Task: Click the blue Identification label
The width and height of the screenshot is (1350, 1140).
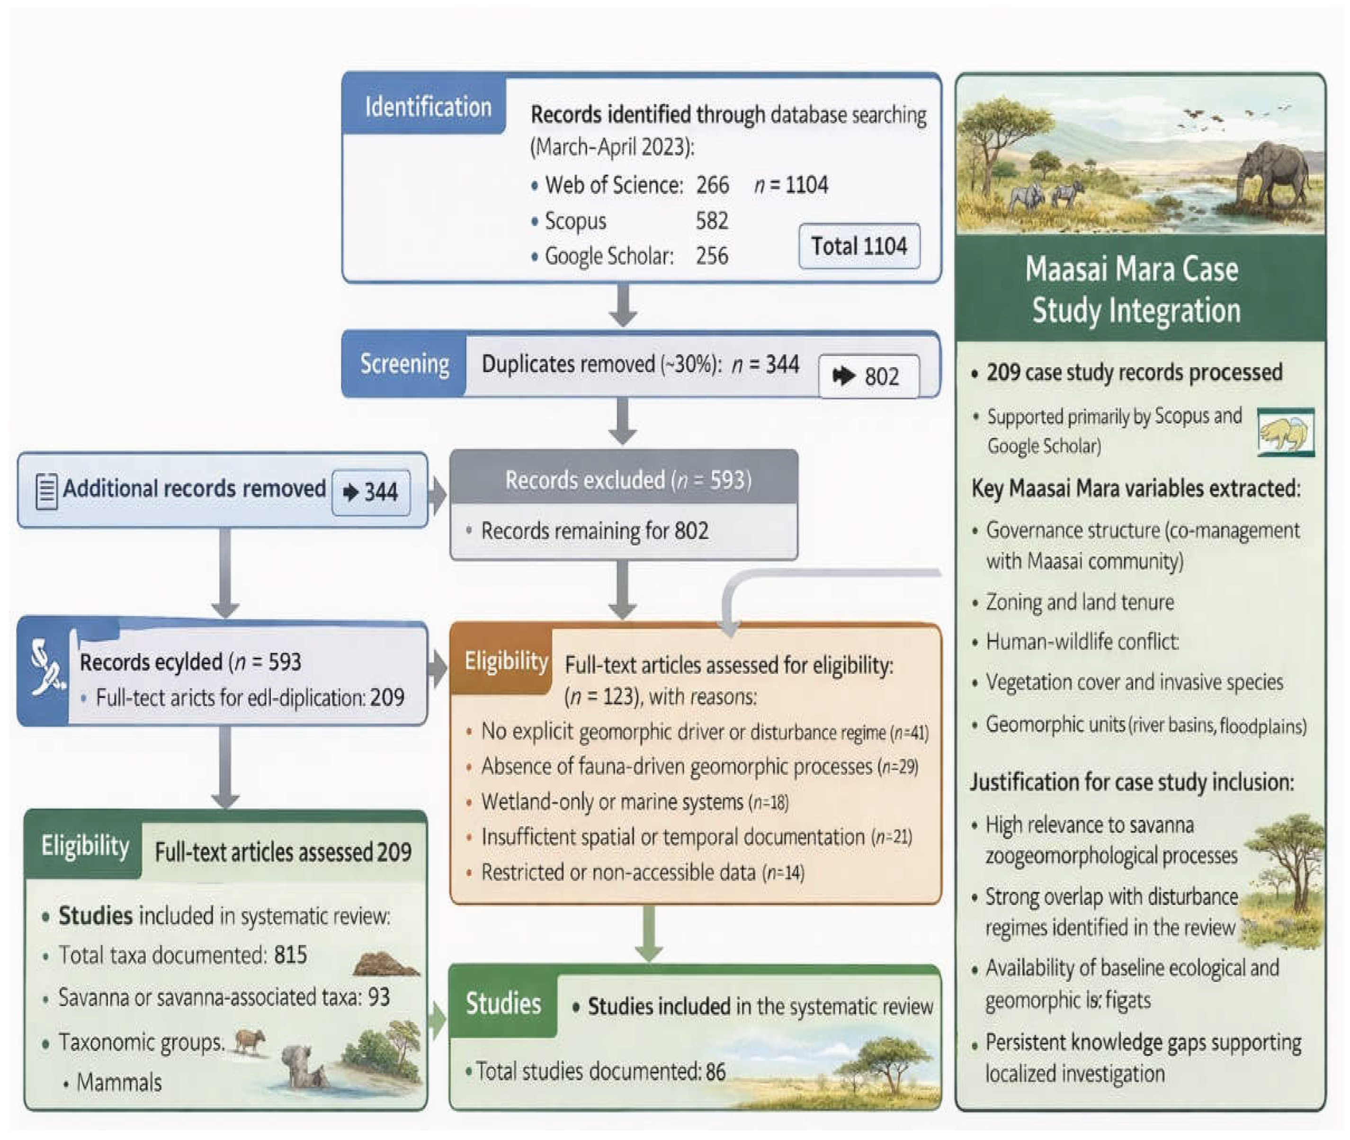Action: (427, 107)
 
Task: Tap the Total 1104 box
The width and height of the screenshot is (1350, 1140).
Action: (859, 246)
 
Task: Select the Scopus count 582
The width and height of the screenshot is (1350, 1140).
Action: (712, 221)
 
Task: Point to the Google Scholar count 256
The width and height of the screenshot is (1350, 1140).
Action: (712, 256)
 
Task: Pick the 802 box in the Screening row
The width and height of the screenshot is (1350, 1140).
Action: (868, 376)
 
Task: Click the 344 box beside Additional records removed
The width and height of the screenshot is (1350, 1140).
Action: (371, 493)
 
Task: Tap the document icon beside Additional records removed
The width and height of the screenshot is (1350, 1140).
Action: (46, 491)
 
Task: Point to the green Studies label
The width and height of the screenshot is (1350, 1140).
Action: (503, 1004)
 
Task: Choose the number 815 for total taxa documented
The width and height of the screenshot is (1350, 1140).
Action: (290, 955)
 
